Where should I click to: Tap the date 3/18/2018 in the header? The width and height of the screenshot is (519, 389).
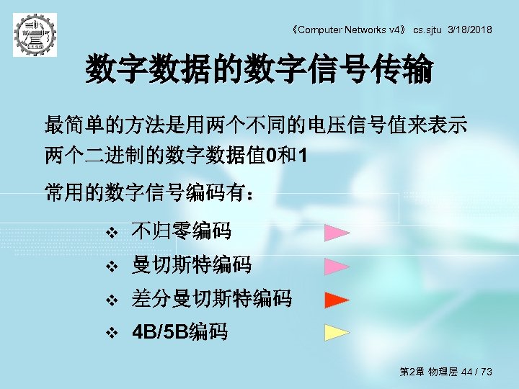(x=470, y=30)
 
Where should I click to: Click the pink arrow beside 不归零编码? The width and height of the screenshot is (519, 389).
(x=336, y=232)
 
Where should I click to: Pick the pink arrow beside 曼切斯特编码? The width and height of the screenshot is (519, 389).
(x=336, y=266)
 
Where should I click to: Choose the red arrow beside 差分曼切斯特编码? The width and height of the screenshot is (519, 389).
(x=336, y=299)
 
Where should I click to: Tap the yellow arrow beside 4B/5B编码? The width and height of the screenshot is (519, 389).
(x=336, y=332)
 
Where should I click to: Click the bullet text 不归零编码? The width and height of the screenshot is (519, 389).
(x=181, y=232)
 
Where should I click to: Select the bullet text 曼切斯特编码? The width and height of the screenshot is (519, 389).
(x=191, y=266)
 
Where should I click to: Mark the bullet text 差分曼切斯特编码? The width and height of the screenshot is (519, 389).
(x=211, y=299)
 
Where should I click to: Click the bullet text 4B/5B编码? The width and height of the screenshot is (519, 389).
(x=179, y=332)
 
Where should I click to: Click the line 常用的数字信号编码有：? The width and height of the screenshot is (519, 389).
(x=149, y=193)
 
